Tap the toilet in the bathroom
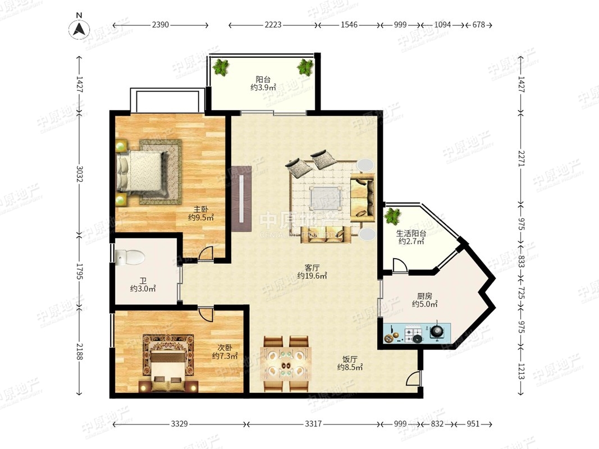point(130,257)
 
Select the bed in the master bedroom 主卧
point(141,171)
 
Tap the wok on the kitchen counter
point(437,331)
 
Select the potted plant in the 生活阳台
point(393,216)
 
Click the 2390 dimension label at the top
point(160,25)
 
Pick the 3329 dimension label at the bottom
point(179,424)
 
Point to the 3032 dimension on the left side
point(79,173)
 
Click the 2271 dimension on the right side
point(522,158)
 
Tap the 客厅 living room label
point(312,268)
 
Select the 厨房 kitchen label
point(424,296)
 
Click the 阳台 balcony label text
point(263,79)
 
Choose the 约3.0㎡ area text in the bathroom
point(143,289)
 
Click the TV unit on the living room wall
point(241,198)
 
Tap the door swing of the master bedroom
point(205,254)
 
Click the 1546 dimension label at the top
point(349,25)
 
